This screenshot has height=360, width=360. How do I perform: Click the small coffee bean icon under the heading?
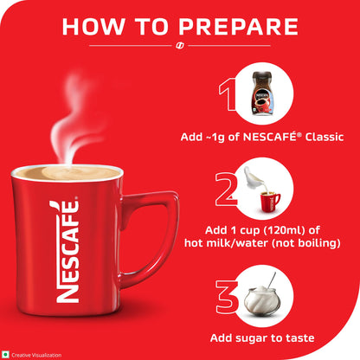click(x=180, y=45)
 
